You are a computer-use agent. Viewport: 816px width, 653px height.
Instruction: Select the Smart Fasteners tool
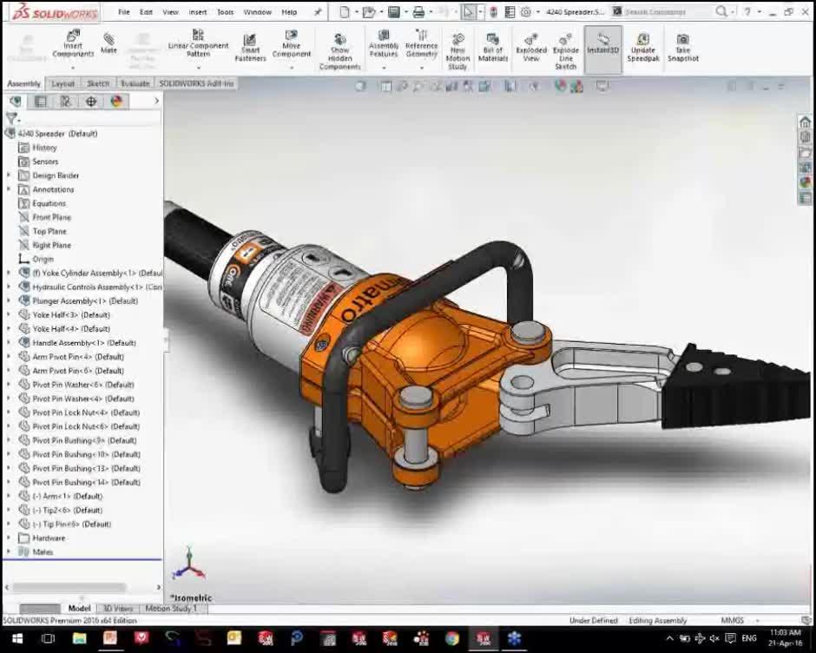point(250,47)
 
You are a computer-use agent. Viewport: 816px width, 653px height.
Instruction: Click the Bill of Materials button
point(492,47)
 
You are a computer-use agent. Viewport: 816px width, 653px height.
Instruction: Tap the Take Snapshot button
point(683,47)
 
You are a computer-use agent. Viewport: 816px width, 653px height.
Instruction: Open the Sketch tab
point(98,83)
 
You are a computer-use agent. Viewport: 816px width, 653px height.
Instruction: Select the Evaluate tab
point(135,83)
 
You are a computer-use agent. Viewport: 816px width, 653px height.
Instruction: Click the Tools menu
point(225,12)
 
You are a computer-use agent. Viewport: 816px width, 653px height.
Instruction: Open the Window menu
point(257,12)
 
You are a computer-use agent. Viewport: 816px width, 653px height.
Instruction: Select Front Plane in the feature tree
point(51,217)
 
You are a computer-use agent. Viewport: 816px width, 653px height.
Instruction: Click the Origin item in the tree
point(43,259)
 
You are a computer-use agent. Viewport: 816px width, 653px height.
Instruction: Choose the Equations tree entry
point(49,203)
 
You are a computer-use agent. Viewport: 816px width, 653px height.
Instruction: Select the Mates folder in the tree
point(43,552)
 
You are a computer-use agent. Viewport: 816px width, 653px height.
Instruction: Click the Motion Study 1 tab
point(170,609)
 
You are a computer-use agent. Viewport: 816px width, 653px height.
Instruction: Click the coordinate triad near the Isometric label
point(188,566)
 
